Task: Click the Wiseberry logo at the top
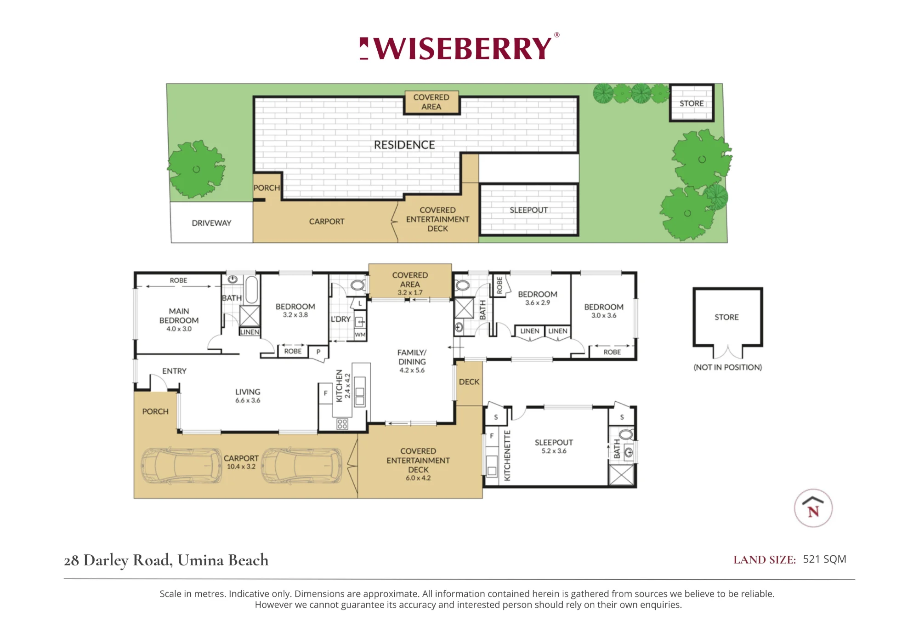click(x=459, y=48)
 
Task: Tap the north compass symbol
click(x=813, y=508)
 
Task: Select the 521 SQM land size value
click(x=824, y=559)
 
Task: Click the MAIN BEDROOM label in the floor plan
click(x=179, y=316)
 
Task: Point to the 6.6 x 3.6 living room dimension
click(x=248, y=400)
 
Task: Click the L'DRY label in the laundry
click(x=340, y=319)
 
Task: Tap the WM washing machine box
click(x=360, y=335)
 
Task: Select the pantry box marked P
click(x=318, y=352)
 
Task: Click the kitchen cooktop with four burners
click(x=342, y=423)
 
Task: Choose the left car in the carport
click(x=181, y=466)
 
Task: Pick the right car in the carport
click(x=302, y=466)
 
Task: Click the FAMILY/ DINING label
click(x=412, y=357)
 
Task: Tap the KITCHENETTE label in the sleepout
click(x=507, y=456)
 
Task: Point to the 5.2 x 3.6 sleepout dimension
click(x=554, y=451)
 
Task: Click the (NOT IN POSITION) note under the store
click(x=728, y=367)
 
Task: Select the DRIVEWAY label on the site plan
click(x=211, y=223)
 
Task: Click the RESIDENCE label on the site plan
click(x=404, y=145)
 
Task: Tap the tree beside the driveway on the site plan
click(x=196, y=169)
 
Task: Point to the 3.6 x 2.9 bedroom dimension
click(x=538, y=303)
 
